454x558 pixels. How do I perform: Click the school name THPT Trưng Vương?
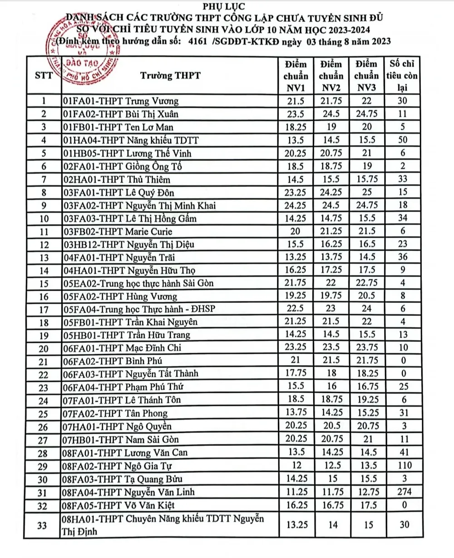pyautogui.click(x=120, y=101)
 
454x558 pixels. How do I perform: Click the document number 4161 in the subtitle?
pyautogui.click(x=197, y=42)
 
